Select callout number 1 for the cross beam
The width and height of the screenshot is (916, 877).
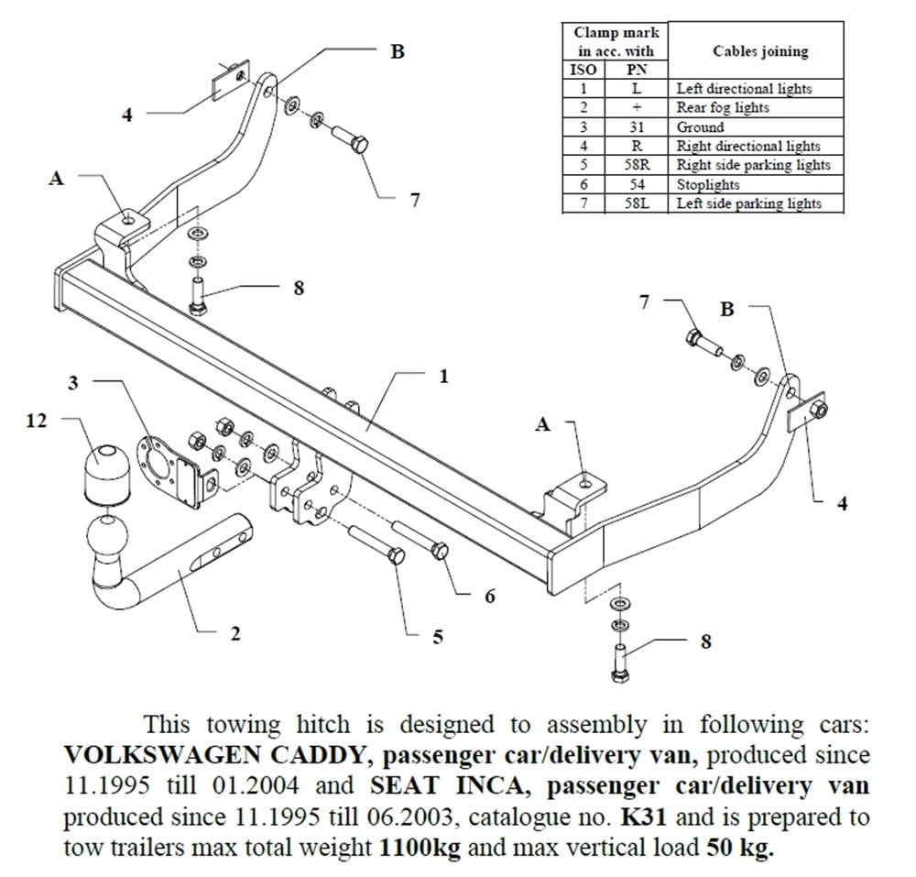[x=443, y=376]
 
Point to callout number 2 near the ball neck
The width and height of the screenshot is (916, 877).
[x=235, y=634]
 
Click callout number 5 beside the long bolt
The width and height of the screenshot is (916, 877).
[x=438, y=636]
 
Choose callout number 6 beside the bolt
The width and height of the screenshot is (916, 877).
[x=489, y=597]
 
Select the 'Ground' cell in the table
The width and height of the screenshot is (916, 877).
[x=700, y=127]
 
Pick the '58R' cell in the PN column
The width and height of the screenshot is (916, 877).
[x=637, y=166]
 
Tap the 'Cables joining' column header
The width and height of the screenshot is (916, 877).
[x=760, y=51]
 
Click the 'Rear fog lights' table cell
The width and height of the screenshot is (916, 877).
[x=723, y=108]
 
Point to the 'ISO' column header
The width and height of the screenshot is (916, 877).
[x=583, y=70]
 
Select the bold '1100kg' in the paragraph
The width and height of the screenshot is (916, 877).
[x=419, y=847]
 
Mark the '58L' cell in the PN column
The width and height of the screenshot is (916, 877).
[x=637, y=204]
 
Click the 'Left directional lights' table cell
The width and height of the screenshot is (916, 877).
[x=744, y=89]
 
